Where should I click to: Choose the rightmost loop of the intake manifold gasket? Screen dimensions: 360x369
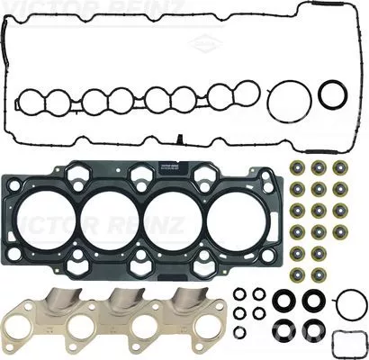coord(242,94)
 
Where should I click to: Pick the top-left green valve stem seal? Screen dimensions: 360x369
coord(298,168)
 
